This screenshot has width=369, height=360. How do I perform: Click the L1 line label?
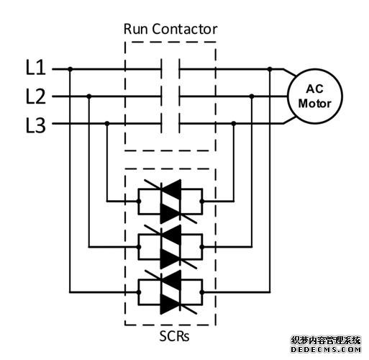(36, 69)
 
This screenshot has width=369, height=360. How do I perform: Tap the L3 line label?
(36, 126)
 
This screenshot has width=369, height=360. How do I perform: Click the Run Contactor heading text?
(170, 30)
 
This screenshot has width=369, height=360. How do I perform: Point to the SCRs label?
(170, 336)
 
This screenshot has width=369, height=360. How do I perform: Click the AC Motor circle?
(314, 96)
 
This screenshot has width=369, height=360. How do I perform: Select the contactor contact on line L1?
(170, 69)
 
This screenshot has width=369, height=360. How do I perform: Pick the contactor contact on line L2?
(170, 96)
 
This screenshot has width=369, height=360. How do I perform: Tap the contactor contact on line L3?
(170, 124)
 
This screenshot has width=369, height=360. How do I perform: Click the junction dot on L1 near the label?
(70, 69)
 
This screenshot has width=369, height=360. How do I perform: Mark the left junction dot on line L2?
(88, 96)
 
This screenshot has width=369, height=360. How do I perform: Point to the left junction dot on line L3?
(107, 124)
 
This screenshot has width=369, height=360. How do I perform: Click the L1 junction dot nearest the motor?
(270, 69)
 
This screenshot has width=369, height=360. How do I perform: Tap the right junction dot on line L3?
(233, 124)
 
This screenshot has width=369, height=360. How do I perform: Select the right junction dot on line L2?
(251, 96)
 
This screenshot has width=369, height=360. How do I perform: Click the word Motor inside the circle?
(314, 104)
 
